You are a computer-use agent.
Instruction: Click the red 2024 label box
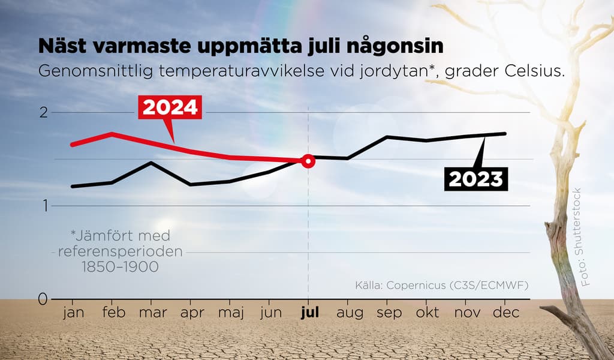pos(170,107)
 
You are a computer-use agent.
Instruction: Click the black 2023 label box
pos(475,179)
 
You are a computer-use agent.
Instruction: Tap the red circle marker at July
pos(308,161)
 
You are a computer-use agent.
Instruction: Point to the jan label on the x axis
pos(73,313)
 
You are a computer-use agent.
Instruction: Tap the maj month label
pos(230,313)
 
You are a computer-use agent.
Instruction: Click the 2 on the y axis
pos(43,112)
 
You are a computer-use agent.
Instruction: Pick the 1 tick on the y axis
pos(44,206)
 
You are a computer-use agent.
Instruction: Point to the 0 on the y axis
pos(42,299)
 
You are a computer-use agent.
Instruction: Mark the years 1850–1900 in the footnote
pos(121,267)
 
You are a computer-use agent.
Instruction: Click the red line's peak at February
pos(112,134)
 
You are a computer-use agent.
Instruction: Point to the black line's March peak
pos(151,163)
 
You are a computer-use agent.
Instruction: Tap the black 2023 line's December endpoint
pos(505,133)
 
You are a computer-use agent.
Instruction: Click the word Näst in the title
pos(65,46)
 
